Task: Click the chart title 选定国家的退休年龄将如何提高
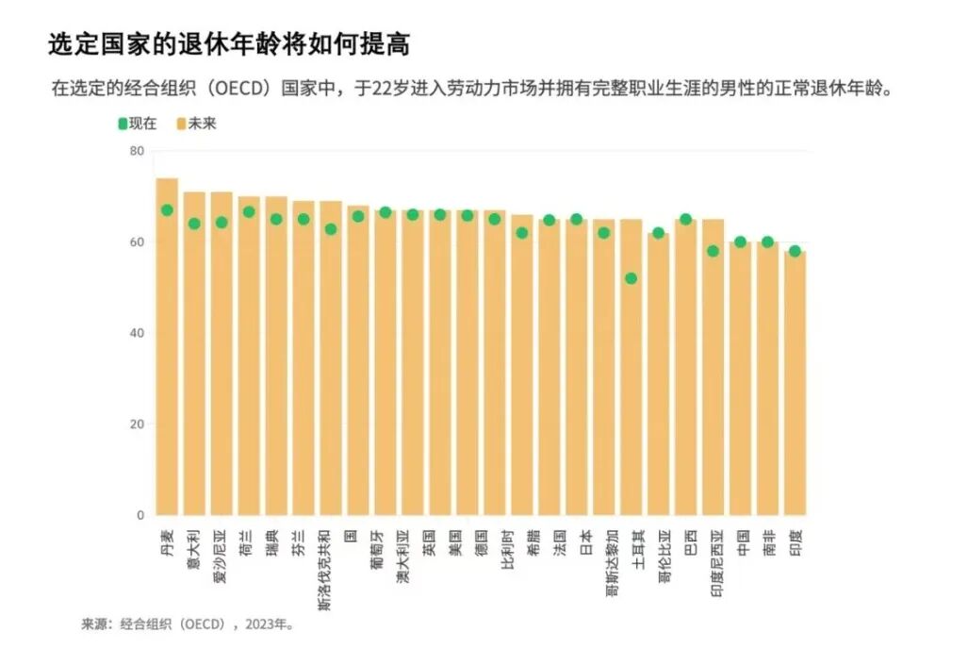229,44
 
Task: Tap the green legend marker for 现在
122,124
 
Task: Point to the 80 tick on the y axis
137,151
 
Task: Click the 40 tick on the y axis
137,333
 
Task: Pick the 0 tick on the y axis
140,515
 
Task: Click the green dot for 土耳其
631,278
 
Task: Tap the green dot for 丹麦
167,210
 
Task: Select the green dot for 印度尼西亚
713,251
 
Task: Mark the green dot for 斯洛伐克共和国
331,229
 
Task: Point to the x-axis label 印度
795,542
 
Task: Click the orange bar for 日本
576,377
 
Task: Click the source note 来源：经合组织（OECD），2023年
188,624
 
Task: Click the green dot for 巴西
685,220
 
